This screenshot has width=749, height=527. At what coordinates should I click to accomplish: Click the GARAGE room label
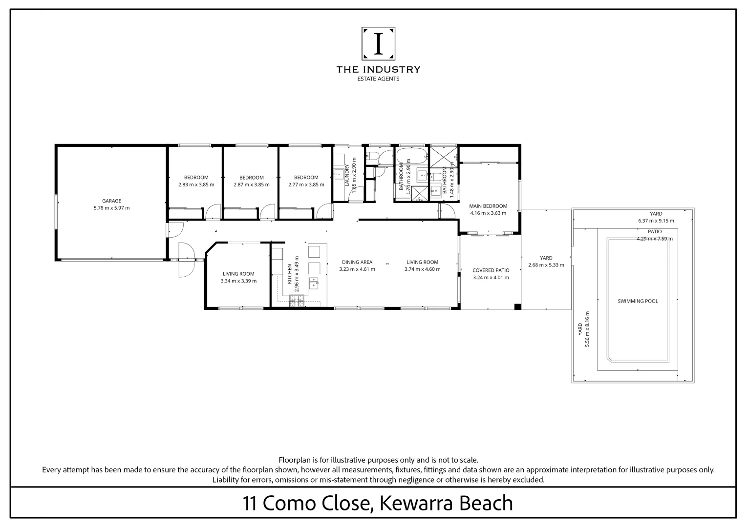(x=111, y=201)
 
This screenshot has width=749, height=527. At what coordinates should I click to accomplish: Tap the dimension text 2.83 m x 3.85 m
(x=196, y=185)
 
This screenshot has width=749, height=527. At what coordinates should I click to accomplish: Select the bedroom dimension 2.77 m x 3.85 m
(x=306, y=185)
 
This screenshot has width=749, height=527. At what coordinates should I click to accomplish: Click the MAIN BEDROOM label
(x=488, y=206)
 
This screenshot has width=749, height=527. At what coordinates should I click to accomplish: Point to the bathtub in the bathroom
(x=412, y=156)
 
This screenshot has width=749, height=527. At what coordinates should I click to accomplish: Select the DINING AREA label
(x=357, y=262)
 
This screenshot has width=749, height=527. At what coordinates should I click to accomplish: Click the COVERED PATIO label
(x=491, y=270)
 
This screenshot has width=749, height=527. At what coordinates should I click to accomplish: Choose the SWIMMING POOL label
(x=638, y=301)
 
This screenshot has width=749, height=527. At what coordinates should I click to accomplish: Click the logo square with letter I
(x=378, y=43)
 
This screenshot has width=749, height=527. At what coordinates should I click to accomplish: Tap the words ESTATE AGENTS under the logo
(x=378, y=79)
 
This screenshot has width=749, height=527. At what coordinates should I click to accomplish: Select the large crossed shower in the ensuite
(x=443, y=156)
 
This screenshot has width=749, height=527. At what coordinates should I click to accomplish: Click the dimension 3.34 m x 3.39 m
(x=238, y=281)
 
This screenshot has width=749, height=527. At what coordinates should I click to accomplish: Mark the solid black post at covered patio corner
(x=517, y=307)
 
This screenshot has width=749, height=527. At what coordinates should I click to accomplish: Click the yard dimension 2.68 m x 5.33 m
(x=546, y=265)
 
